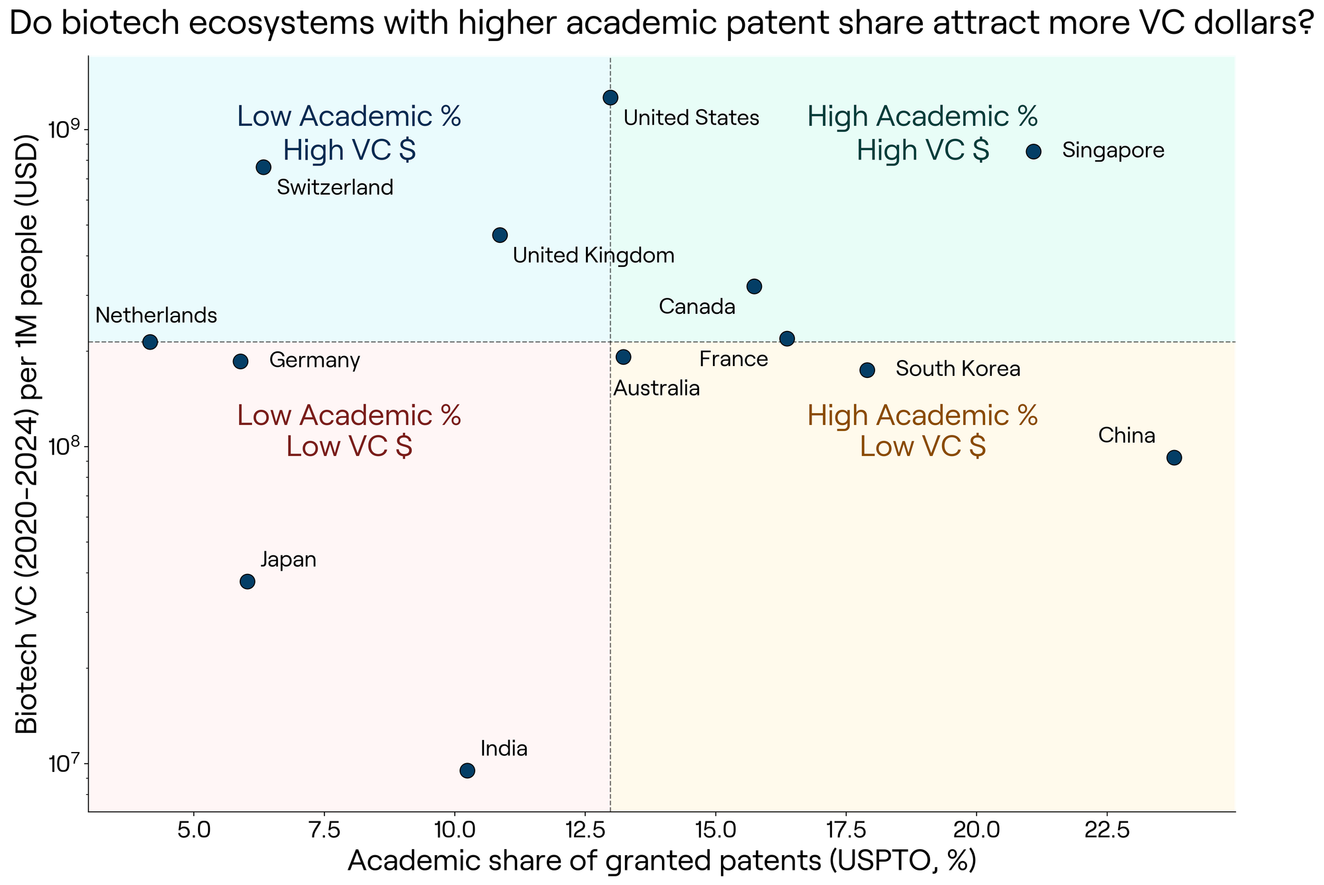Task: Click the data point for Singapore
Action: tap(1033, 152)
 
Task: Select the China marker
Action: tap(1174, 457)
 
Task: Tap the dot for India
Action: tap(467, 770)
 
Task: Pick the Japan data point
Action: tap(248, 582)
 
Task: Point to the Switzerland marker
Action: tap(263, 167)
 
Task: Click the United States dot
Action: tap(610, 97)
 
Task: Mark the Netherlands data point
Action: tap(150, 342)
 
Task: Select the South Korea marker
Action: tap(867, 370)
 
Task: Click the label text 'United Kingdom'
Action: tap(594, 256)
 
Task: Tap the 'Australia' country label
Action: tap(657, 389)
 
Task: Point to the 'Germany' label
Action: tap(315, 361)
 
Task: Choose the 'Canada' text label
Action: tap(698, 307)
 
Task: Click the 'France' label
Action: tap(733, 359)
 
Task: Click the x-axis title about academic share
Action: tap(662, 861)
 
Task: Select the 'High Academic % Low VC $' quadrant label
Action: tap(923, 432)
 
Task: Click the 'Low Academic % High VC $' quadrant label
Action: tap(350, 134)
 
